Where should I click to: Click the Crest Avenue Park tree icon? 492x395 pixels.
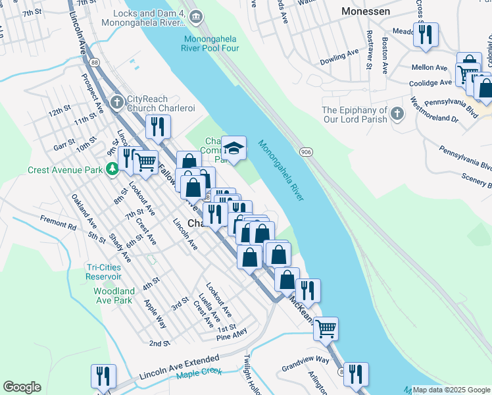(112, 169)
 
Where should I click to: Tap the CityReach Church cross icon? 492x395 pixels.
(117, 102)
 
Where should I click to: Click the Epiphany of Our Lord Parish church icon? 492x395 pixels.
(397, 114)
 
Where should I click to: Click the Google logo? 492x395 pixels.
(22, 387)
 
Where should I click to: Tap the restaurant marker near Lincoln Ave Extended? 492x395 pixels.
(103, 377)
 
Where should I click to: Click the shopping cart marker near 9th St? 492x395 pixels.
(145, 161)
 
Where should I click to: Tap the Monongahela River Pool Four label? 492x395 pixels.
(211, 43)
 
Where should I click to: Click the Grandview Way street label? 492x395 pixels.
(305, 360)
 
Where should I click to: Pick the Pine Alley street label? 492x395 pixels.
(232, 337)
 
